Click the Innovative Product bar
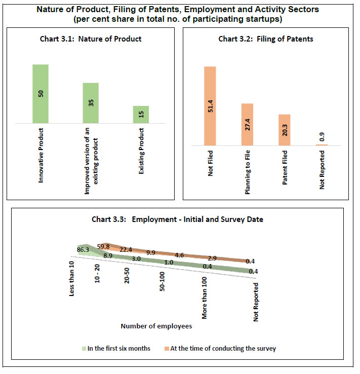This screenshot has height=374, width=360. (41, 94)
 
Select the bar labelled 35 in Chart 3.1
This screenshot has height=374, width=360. (91, 103)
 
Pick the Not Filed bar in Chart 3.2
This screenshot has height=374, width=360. (210, 106)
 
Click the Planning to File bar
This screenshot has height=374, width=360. (247, 125)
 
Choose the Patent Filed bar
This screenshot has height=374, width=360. (284, 130)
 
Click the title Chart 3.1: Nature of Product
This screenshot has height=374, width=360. (91, 39)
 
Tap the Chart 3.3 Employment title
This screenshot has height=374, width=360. (178, 219)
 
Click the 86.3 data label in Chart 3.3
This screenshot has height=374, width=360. (83, 249)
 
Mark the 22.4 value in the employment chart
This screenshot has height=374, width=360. (126, 249)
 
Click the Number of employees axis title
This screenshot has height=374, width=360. (156, 326)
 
